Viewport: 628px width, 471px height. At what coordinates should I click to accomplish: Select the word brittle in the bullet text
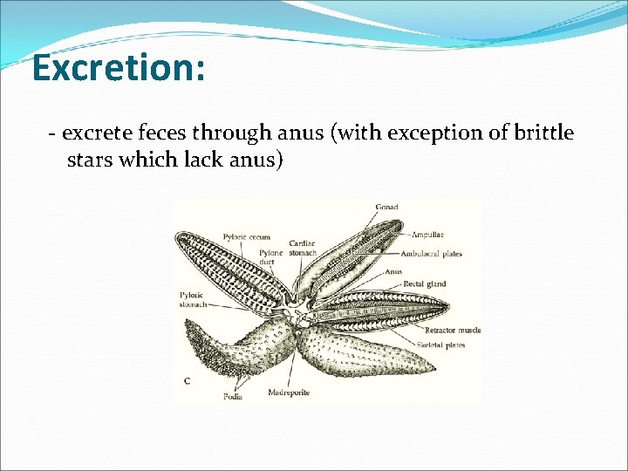[x=542, y=133]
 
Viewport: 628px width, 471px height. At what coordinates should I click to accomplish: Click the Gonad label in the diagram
[x=387, y=208]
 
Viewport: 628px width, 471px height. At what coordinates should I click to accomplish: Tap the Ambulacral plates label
[x=431, y=254]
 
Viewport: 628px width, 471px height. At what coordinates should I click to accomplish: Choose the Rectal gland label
[x=425, y=284]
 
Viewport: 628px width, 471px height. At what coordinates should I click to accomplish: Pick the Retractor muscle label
[x=453, y=331]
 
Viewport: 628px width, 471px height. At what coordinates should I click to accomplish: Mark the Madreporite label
[x=289, y=392]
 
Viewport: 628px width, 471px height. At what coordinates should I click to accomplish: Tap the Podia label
[x=233, y=397]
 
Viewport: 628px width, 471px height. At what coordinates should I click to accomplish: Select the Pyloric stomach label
[x=192, y=300]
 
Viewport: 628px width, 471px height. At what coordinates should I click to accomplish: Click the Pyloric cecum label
[x=246, y=236]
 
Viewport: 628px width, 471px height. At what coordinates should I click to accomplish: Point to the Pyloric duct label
[x=270, y=257]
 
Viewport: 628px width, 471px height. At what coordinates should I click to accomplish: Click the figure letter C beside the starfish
[x=187, y=381]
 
